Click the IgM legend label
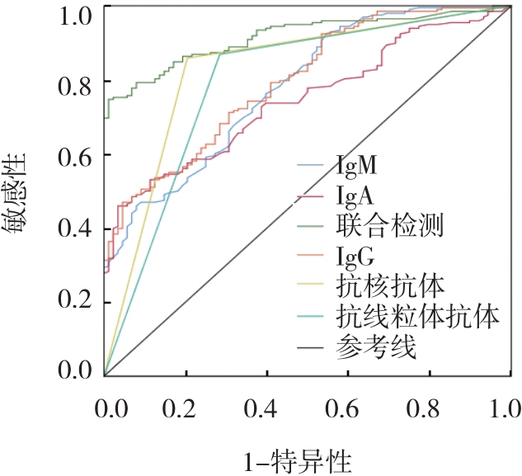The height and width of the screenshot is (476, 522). pyautogui.click(x=356, y=167)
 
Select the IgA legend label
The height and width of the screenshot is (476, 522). pyautogui.click(x=355, y=196)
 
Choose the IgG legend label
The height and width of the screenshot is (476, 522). pyautogui.click(x=355, y=256)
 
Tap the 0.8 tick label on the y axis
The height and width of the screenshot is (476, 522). pyautogui.click(x=73, y=82)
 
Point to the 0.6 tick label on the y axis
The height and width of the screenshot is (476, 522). pyautogui.click(x=73, y=155)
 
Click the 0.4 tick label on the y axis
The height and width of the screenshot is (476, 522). pyautogui.click(x=73, y=229)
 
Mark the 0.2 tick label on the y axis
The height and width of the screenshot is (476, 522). pyautogui.click(x=73, y=302)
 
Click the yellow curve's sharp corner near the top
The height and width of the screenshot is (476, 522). pyautogui.click(x=187, y=57)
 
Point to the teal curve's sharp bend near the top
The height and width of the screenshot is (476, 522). pyautogui.click(x=220, y=54)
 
